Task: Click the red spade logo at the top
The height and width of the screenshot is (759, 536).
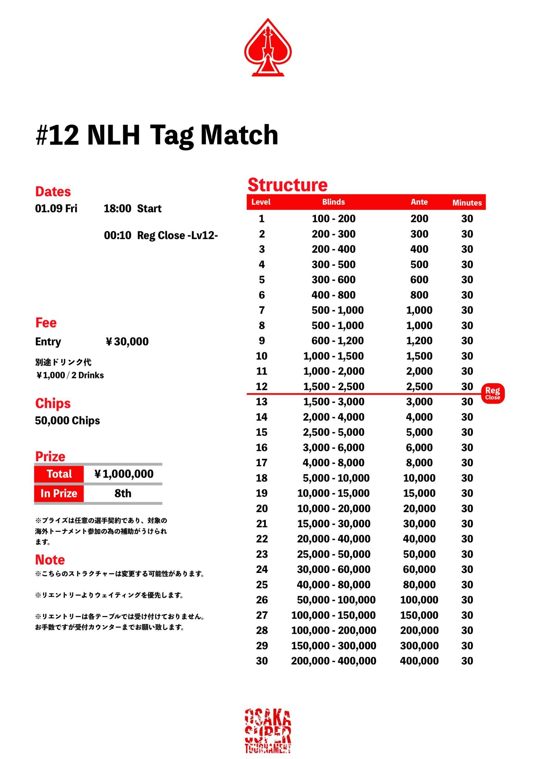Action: click(268, 48)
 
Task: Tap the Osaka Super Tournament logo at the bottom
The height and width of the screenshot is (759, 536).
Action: click(268, 730)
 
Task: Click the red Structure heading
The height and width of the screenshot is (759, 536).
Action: click(287, 185)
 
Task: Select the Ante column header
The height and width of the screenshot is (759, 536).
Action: click(419, 202)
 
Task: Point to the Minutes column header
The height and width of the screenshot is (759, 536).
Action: click(467, 203)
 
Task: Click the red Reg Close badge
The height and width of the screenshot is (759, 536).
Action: click(492, 393)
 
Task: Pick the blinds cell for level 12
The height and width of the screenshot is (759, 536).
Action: click(333, 387)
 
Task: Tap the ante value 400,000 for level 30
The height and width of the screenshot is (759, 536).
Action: click(419, 661)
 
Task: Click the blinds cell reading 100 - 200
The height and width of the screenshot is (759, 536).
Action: click(333, 219)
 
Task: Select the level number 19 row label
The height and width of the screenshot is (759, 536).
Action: click(262, 493)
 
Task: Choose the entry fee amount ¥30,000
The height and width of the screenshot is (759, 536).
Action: click(127, 342)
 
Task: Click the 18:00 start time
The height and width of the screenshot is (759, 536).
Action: click(117, 209)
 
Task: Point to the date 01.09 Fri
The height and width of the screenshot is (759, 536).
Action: click(56, 209)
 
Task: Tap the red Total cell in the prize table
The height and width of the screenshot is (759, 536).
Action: click(59, 474)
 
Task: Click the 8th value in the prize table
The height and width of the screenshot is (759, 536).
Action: click(123, 494)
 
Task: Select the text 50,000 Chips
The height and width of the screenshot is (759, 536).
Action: click(67, 421)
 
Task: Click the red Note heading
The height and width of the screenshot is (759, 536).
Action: click(50, 560)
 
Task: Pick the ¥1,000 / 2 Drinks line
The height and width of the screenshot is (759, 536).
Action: click(70, 375)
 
